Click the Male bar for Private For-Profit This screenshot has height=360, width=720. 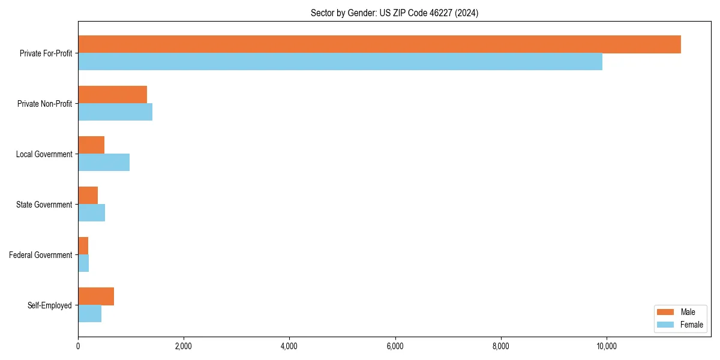tap(379, 44)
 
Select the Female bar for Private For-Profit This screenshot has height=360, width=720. tap(340, 62)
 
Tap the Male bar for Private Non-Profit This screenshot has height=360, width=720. tap(112, 95)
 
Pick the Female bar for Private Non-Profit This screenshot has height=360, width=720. tap(115, 112)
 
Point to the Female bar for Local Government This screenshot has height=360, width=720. tap(104, 163)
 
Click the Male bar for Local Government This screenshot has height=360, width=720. tap(91, 145)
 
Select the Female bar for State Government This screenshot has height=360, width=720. tap(91, 213)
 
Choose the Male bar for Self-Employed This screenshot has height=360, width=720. tap(96, 296)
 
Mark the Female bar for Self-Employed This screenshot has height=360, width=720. tap(89, 314)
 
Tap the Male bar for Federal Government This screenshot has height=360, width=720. tap(83, 246)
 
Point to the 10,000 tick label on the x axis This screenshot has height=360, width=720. tap(606, 346)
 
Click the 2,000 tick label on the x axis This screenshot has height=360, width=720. tap(184, 346)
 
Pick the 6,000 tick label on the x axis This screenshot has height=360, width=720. tap(395, 346)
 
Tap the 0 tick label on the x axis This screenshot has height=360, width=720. tap(78, 346)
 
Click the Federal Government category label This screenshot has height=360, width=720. tap(41, 255)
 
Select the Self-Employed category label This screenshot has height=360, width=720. tap(50, 305)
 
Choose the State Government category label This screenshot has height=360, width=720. tap(44, 205)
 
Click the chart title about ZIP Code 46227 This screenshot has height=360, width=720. tap(394, 13)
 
